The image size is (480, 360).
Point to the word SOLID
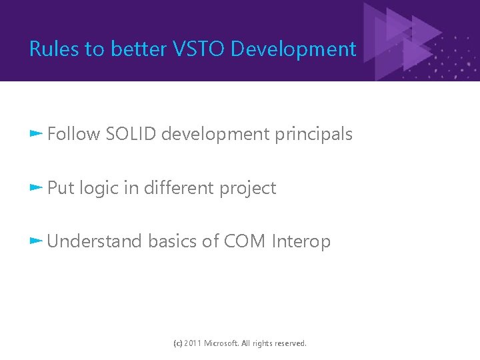tap(131, 134)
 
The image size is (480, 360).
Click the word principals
tap(313, 134)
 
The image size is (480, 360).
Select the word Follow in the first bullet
tap(73, 134)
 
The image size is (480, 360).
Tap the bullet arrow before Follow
tap(37, 133)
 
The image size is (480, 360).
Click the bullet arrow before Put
tap(37, 187)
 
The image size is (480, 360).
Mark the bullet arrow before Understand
tap(37, 241)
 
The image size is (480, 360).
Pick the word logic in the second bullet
tap(99, 189)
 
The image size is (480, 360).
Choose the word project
tap(247, 189)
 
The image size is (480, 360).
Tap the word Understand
tap(95, 241)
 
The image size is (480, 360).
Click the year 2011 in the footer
tap(193, 343)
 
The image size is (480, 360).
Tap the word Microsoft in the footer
tap(225, 343)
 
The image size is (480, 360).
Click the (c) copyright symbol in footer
tap(177, 343)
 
